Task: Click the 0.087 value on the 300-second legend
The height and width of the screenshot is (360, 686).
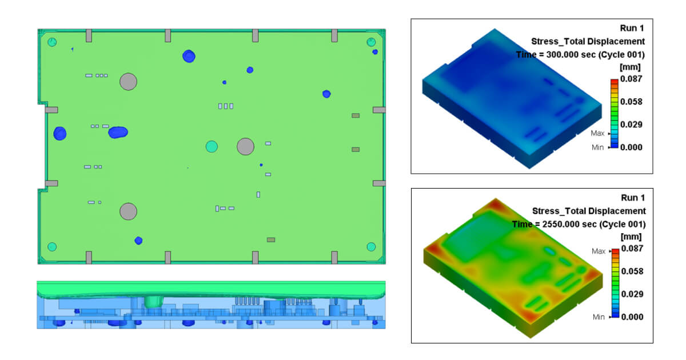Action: [631, 78]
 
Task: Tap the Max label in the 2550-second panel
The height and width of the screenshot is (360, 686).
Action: [598, 251]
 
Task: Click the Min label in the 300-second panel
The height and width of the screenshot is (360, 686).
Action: [598, 147]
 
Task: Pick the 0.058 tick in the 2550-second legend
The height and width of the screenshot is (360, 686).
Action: [631, 271]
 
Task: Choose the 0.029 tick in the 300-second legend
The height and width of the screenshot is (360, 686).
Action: [631, 124]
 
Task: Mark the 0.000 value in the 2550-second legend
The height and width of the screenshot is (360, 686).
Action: [631, 317]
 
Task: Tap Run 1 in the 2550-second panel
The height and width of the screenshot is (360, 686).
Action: [633, 198]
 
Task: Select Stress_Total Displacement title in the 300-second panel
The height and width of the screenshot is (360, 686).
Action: [588, 41]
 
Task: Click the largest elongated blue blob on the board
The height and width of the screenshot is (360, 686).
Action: [118, 132]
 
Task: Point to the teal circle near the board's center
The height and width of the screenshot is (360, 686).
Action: [212, 146]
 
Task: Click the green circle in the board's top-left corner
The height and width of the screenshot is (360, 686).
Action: [53, 42]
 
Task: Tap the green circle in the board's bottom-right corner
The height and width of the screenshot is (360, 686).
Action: [371, 247]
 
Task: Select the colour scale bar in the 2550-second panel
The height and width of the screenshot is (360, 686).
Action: [613, 283]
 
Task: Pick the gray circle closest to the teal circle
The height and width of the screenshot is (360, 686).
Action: [245, 146]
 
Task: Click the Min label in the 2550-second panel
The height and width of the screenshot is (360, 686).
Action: [598, 317]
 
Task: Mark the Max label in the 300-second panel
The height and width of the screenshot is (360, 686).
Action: [598, 133]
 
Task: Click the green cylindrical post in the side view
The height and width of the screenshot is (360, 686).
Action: [153, 301]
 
